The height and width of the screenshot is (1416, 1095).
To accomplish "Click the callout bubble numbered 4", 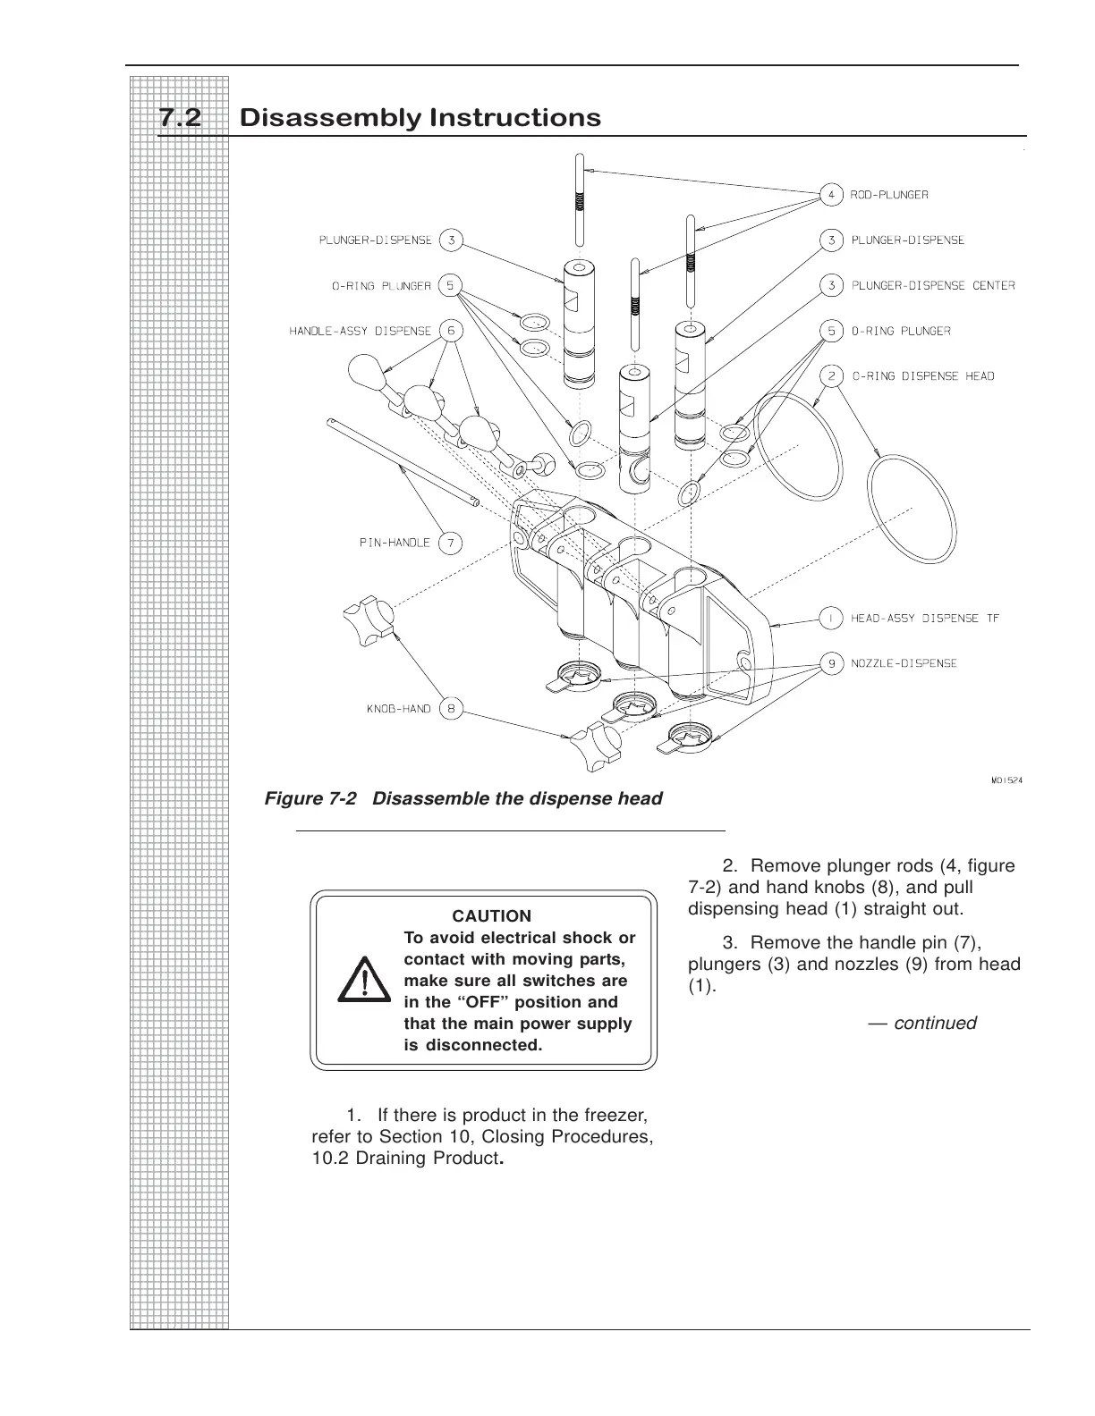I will point(831,194).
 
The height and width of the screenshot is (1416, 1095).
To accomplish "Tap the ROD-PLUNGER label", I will point(889,194).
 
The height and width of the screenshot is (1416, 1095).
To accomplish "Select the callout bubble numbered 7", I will point(451,543).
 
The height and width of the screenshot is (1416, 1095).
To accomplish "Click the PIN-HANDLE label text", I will point(395,543).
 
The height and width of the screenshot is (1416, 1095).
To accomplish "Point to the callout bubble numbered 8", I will point(451,709).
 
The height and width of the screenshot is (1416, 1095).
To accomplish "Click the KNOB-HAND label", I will point(398,709).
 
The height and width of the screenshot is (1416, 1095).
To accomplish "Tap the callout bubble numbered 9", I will point(831,663).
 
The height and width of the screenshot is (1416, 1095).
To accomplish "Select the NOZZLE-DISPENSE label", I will point(904,663).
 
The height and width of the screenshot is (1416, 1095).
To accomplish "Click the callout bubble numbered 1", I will point(831,618).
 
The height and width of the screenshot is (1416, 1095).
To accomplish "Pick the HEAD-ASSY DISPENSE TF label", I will point(924,618).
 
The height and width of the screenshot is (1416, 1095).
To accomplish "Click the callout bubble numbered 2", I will point(831,375).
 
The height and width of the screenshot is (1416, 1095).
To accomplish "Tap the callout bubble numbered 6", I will point(451,331).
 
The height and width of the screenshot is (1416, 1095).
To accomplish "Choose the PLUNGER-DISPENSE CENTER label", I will point(932,285).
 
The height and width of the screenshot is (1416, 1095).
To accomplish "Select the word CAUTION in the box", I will point(491,916).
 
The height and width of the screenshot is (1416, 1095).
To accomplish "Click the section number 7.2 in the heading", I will point(180,118).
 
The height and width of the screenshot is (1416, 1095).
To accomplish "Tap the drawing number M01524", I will point(1006,780).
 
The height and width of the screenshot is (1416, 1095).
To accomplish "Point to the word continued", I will point(935,1023).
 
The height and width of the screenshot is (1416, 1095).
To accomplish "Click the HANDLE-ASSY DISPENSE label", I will point(360,331).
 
